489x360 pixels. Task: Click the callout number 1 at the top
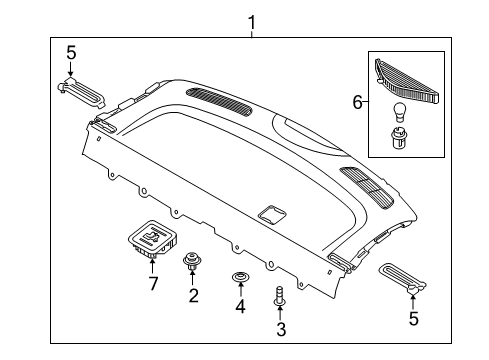251,20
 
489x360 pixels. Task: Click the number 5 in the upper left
70,53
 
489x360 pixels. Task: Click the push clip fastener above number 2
191,265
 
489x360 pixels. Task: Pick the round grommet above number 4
240,276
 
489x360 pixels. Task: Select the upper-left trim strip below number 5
82,91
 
